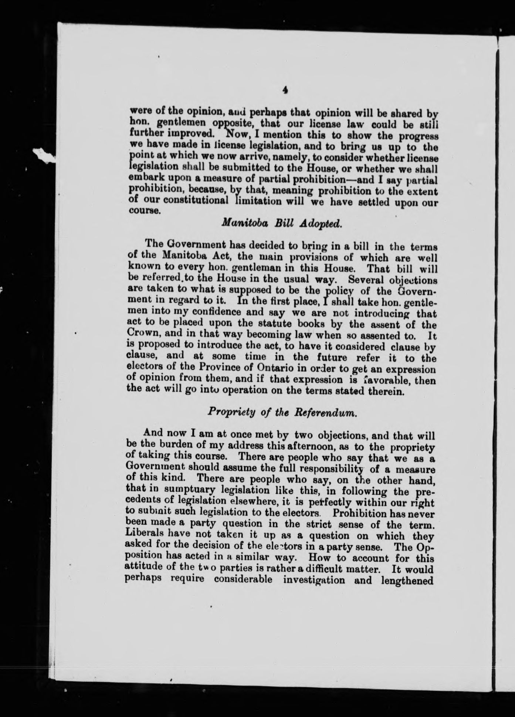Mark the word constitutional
pyautogui.click(x=196, y=201)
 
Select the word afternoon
pyautogui.click(x=306, y=447)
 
